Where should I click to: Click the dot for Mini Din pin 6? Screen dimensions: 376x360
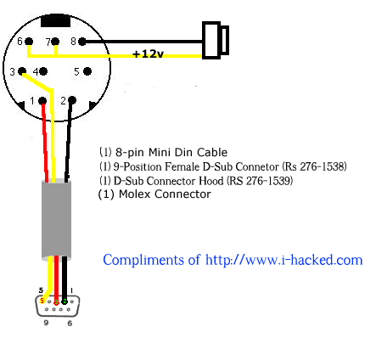(x=29, y=42)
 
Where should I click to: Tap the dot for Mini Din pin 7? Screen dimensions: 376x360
(x=55, y=42)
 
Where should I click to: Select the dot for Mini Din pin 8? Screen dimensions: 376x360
(x=81, y=42)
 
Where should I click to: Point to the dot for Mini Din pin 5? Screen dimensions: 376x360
(x=87, y=71)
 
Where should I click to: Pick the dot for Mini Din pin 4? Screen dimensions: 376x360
(x=43, y=71)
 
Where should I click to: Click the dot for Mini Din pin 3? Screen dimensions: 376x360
(x=22, y=71)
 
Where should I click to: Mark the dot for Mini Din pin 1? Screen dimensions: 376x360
(x=42, y=100)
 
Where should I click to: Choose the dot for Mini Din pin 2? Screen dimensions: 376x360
(x=72, y=100)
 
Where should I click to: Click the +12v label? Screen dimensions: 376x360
(x=148, y=53)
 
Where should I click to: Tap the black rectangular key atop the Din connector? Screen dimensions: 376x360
(x=55, y=20)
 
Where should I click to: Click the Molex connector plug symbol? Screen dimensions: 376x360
(x=216, y=40)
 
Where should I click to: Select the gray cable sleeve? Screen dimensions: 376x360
(x=56, y=219)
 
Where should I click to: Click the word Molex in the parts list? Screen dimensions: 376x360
(x=135, y=194)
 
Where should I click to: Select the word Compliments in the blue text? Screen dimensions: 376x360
(x=143, y=261)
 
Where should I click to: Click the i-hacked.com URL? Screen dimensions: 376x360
(x=284, y=260)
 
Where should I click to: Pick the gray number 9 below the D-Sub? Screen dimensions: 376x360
(x=46, y=323)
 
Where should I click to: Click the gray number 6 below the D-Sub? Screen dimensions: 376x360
(x=70, y=323)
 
